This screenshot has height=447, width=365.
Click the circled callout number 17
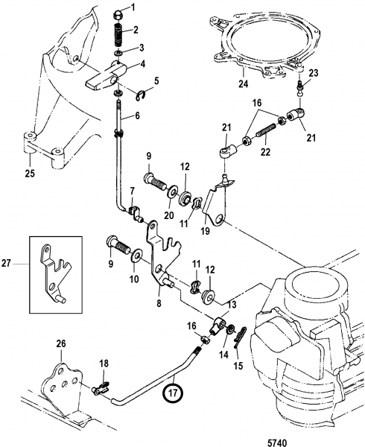coord(173,393)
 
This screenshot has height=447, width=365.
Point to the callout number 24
coord(244,84)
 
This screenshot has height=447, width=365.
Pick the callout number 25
coord(30,173)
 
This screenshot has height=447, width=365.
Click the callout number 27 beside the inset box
coord(6,263)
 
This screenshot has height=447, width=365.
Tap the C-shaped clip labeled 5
coord(142,95)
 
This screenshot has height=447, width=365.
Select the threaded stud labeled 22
coord(266,133)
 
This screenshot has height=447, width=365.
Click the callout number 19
coord(205,230)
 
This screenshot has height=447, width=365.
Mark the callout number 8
coord(159,303)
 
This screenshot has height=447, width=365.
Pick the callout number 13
coord(232,305)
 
